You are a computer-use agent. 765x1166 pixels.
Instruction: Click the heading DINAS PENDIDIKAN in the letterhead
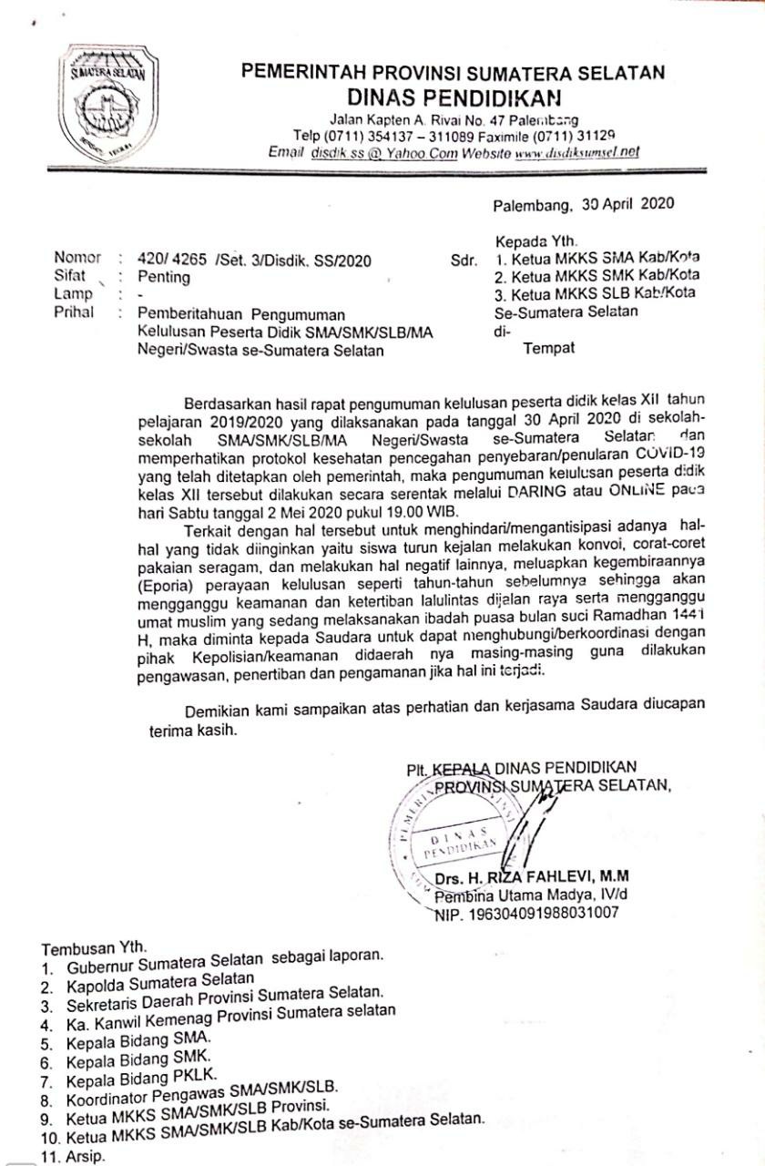point(454,97)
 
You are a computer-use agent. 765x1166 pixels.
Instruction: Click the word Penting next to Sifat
point(164,278)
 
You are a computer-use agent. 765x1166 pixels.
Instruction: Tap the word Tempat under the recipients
point(549,347)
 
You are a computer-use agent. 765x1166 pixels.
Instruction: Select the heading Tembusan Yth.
point(92,947)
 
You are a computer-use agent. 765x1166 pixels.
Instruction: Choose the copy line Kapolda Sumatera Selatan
point(160,984)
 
